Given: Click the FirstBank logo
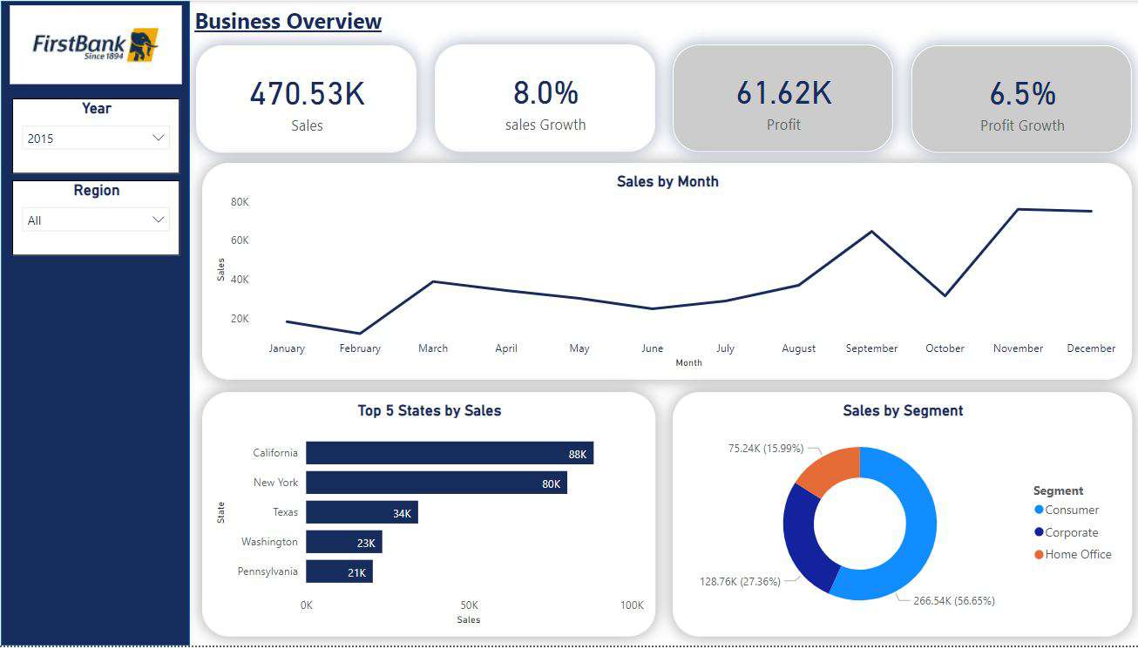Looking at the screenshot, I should pyautogui.click(x=96, y=45).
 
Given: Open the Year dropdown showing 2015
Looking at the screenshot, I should pyautogui.click(x=96, y=138).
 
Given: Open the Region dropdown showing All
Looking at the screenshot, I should pyautogui.click(x=96, y=220).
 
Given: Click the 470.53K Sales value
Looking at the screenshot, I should pyautogui.click(x=307, y=94).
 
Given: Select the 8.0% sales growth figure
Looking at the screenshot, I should pyautogui.click(x=545, y=93).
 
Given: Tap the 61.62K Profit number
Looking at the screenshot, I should pyautogui.click(x=783, y=93).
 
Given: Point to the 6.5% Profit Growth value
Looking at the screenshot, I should pyautogui.click(x=1022, y=94).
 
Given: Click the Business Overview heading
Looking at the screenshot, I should pyautogui.click(x=288, y=22).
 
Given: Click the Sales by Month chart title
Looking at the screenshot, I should pyautogui.click(x=667, y=181).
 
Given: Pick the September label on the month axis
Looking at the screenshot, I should pyautogui.click(x=871, y=348).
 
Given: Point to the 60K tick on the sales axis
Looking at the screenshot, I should pyautogui.click(x=240, y=240).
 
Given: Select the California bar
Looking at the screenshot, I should pyautogui.click(x=449, y=453).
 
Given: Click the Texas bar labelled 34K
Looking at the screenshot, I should pyautogui.click(x=362, y=512).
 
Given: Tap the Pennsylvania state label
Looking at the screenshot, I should pyautogui.click(x=268, y=571).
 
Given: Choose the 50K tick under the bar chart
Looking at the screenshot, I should pyautogui.click(x=469, y=605).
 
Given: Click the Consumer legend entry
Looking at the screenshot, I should pyautogui.click(x=1071, y=510).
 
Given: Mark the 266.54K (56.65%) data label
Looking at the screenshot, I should pyautogui.click(x=953, y=601).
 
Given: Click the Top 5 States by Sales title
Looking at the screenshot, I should pyautogui.click(x=429, y=410).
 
